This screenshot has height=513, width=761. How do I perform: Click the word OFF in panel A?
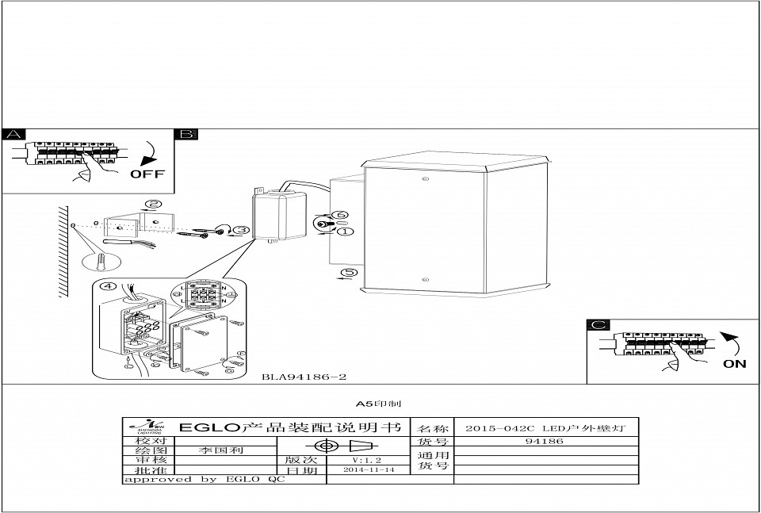(x=147, y=174)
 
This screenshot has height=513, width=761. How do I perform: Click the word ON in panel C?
(x=734, y=364)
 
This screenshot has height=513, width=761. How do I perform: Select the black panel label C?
(x=598, y=325)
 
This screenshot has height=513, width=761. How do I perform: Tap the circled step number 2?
(x=155, y=204)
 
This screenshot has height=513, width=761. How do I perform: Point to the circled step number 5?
(x=348, y=274)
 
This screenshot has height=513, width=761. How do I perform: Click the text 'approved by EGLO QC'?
(x=204, y=480)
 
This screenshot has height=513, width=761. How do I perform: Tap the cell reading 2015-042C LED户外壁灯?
(x=545, y=428)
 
